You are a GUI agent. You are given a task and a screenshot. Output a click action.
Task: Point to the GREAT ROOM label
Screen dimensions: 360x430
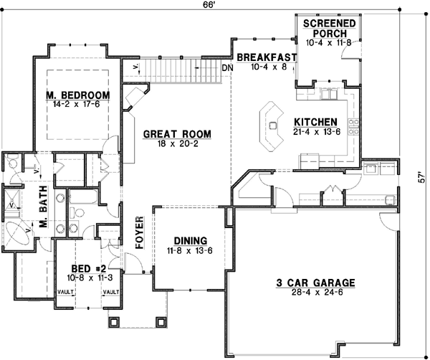pos(176,133)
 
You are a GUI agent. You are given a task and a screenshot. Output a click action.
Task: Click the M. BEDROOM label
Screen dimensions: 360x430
pos(78,95)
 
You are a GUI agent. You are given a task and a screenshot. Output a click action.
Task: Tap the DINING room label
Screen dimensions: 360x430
pos(190,240)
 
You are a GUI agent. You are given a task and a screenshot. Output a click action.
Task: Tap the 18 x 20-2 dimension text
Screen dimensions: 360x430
pos(176,143)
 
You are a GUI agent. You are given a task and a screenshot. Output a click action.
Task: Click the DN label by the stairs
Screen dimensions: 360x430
pos(227,68)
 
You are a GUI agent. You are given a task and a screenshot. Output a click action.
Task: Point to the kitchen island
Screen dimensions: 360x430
pos(273,126)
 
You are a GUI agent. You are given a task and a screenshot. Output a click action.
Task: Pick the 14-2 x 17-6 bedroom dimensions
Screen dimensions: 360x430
pos(78,104)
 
